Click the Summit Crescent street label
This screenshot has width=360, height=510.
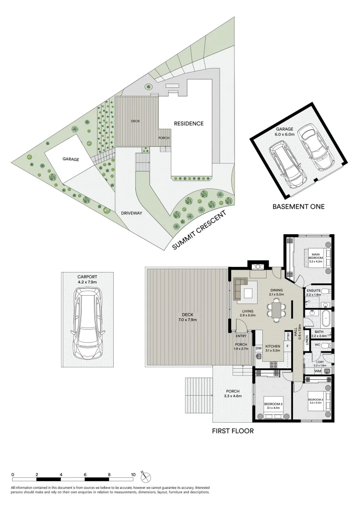[x=199, y=230]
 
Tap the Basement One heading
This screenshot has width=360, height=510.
[x=298, y=206]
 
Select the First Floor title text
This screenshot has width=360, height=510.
[x=233, y=431]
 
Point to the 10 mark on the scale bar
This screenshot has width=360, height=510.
[x=134, y=474]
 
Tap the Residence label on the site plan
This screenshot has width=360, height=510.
[x=189, y=124]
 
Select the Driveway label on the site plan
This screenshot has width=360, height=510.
[x=132, y=213]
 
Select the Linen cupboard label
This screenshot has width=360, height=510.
[x=307, y=340]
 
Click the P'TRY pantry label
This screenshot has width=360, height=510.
[x=287, y=337]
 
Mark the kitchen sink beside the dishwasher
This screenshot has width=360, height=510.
[x=259, y=357]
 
